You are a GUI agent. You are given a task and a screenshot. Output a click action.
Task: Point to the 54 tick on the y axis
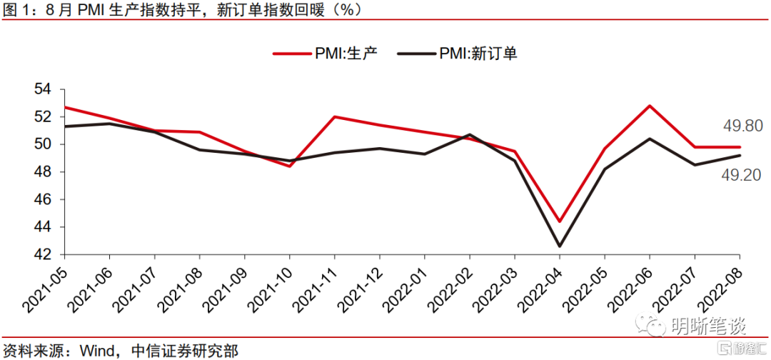tap(44, 89)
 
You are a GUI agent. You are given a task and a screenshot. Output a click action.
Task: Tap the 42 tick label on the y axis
tap(44, 255)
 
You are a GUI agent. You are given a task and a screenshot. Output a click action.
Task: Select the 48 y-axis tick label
tap(44, 172)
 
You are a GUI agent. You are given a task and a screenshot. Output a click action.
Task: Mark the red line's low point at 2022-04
tap(560, 221)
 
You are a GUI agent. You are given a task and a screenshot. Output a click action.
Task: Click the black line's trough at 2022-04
tap(560, 246)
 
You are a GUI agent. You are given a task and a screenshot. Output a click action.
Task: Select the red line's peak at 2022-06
tap(650, 106)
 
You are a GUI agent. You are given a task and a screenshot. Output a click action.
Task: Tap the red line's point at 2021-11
tap(334, 116)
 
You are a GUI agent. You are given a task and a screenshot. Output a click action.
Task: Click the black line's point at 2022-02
tap(470, 134)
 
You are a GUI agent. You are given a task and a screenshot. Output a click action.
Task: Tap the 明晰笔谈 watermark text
tap(707, 327)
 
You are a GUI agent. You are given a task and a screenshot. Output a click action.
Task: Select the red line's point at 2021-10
tap(289, 166)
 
